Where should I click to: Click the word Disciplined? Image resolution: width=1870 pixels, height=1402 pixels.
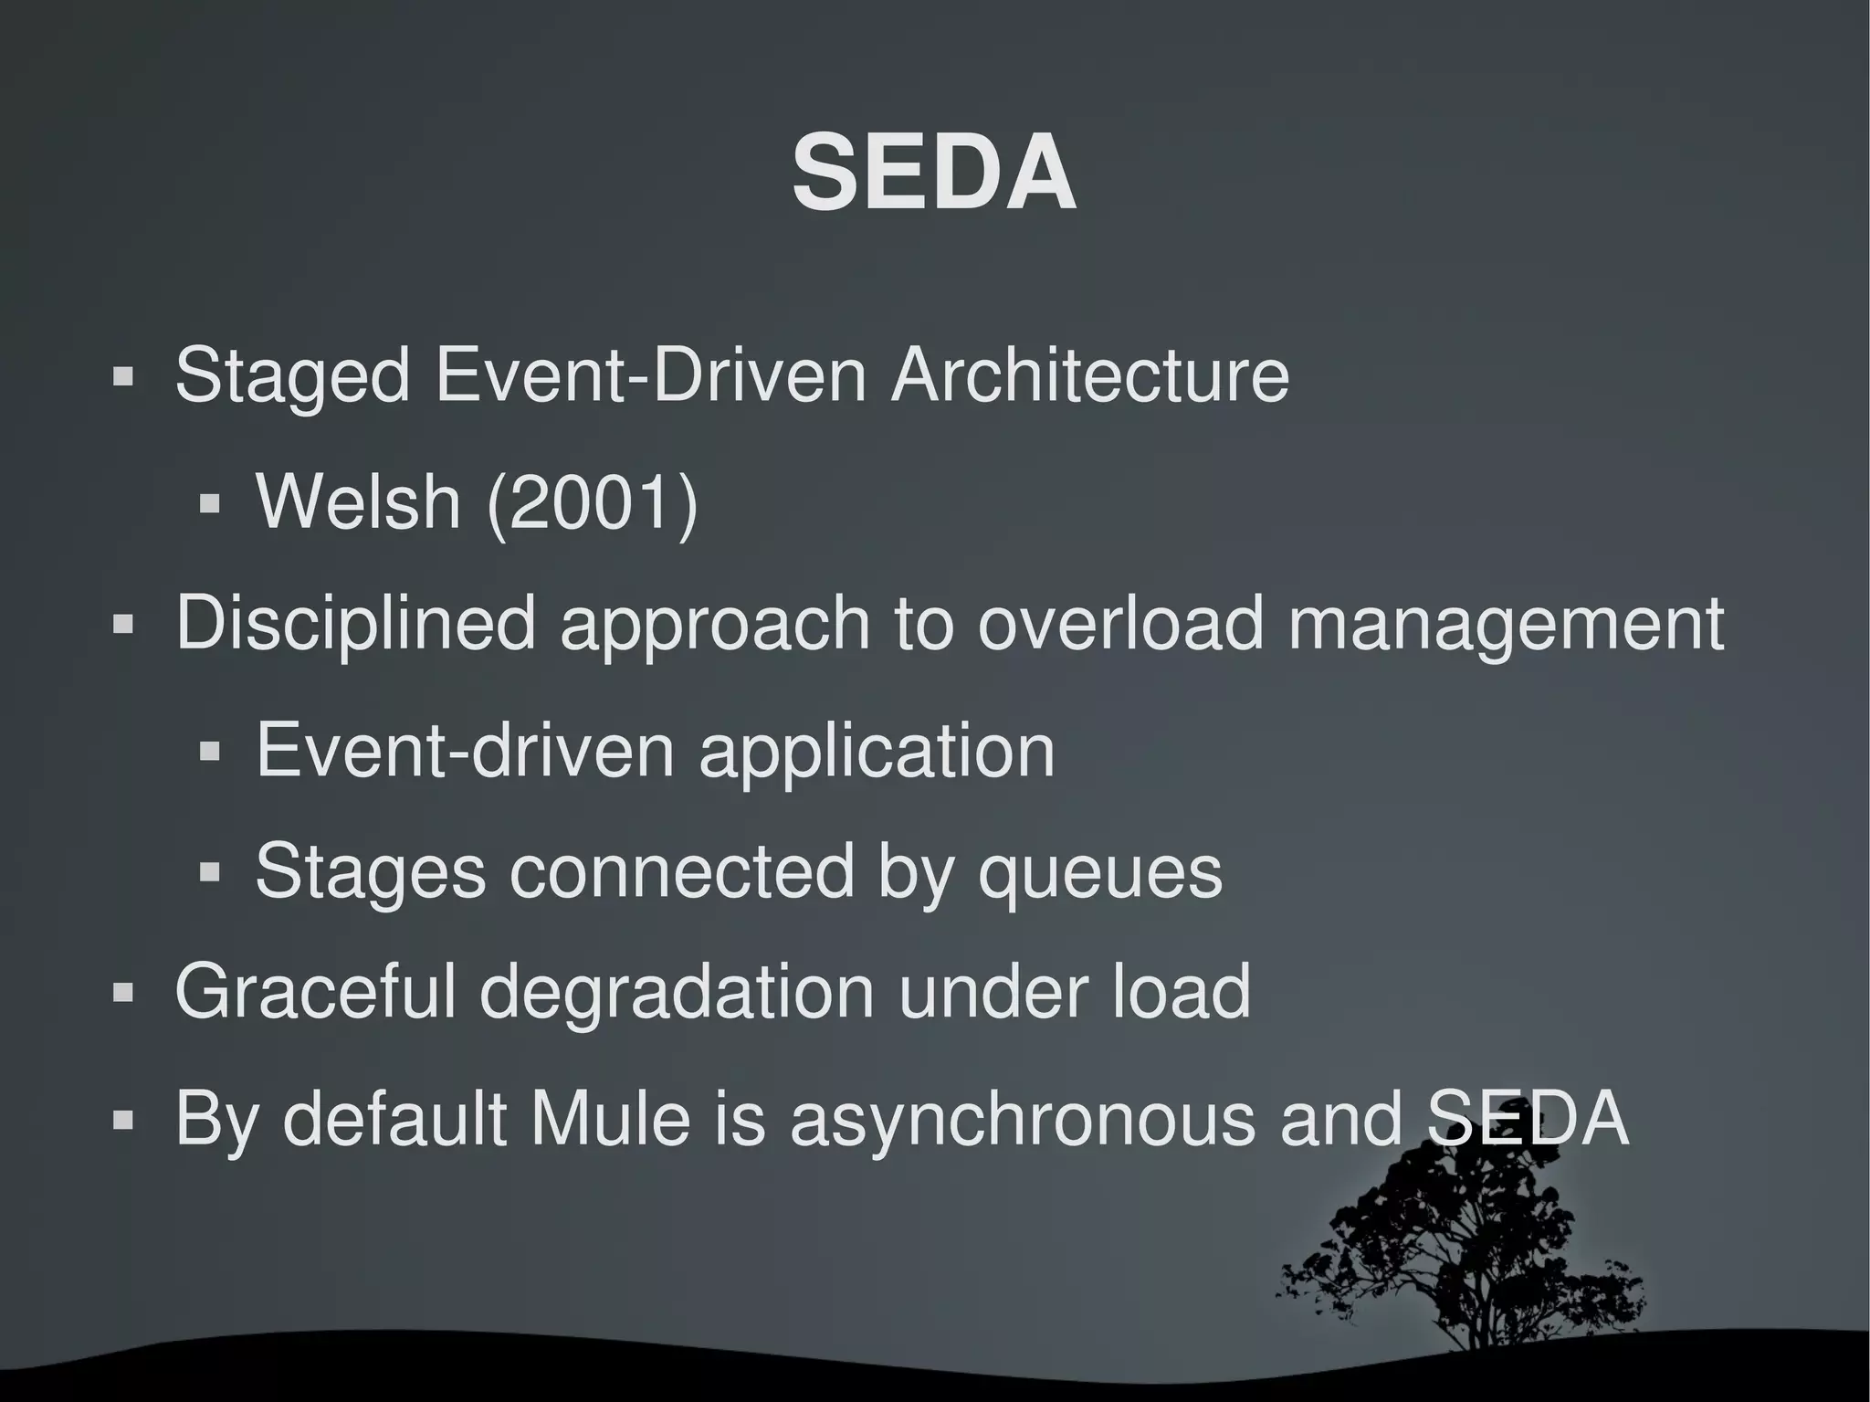(x=355, y=625)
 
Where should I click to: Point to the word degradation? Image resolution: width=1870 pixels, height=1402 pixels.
(x=677, y=993)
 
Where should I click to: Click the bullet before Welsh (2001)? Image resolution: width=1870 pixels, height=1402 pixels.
(x=210, y=503)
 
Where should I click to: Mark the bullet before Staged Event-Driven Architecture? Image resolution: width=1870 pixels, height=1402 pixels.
(x=123, y=376)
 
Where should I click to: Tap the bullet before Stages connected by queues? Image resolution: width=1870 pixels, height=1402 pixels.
(x=210, y=873)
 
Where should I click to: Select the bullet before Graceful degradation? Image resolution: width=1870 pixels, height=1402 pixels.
(x=123, y=992)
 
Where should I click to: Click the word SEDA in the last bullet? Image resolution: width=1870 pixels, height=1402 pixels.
(x=1527, y=1118)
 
